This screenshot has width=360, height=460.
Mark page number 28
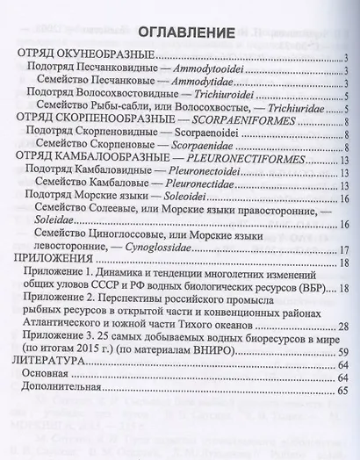point(342,327)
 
